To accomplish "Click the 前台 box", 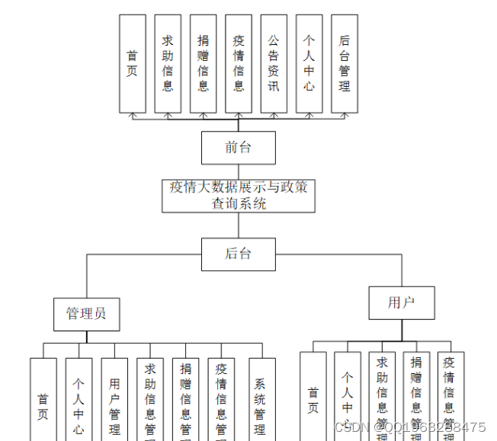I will click(x=238, y=148).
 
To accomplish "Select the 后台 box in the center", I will click(x=238, y=254).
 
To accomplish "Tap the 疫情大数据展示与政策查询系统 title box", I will click(x=238, y=195).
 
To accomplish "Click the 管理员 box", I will click(x=86, y=313).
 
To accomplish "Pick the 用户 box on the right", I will click(x=401, y=302).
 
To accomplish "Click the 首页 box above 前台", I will click(x=133, y=64).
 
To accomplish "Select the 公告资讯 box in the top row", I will click(x=274, y=64).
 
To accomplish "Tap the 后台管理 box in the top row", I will click(x=345, y=64).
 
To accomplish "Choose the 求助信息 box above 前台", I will click(x=168, y=64).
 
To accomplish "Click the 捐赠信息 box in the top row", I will click(x=203, y=64).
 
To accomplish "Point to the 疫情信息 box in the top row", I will click(x=239, y=64).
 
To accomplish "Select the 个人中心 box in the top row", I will click(x=309, y=64).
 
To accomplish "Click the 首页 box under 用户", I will click(x=313, y=400).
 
